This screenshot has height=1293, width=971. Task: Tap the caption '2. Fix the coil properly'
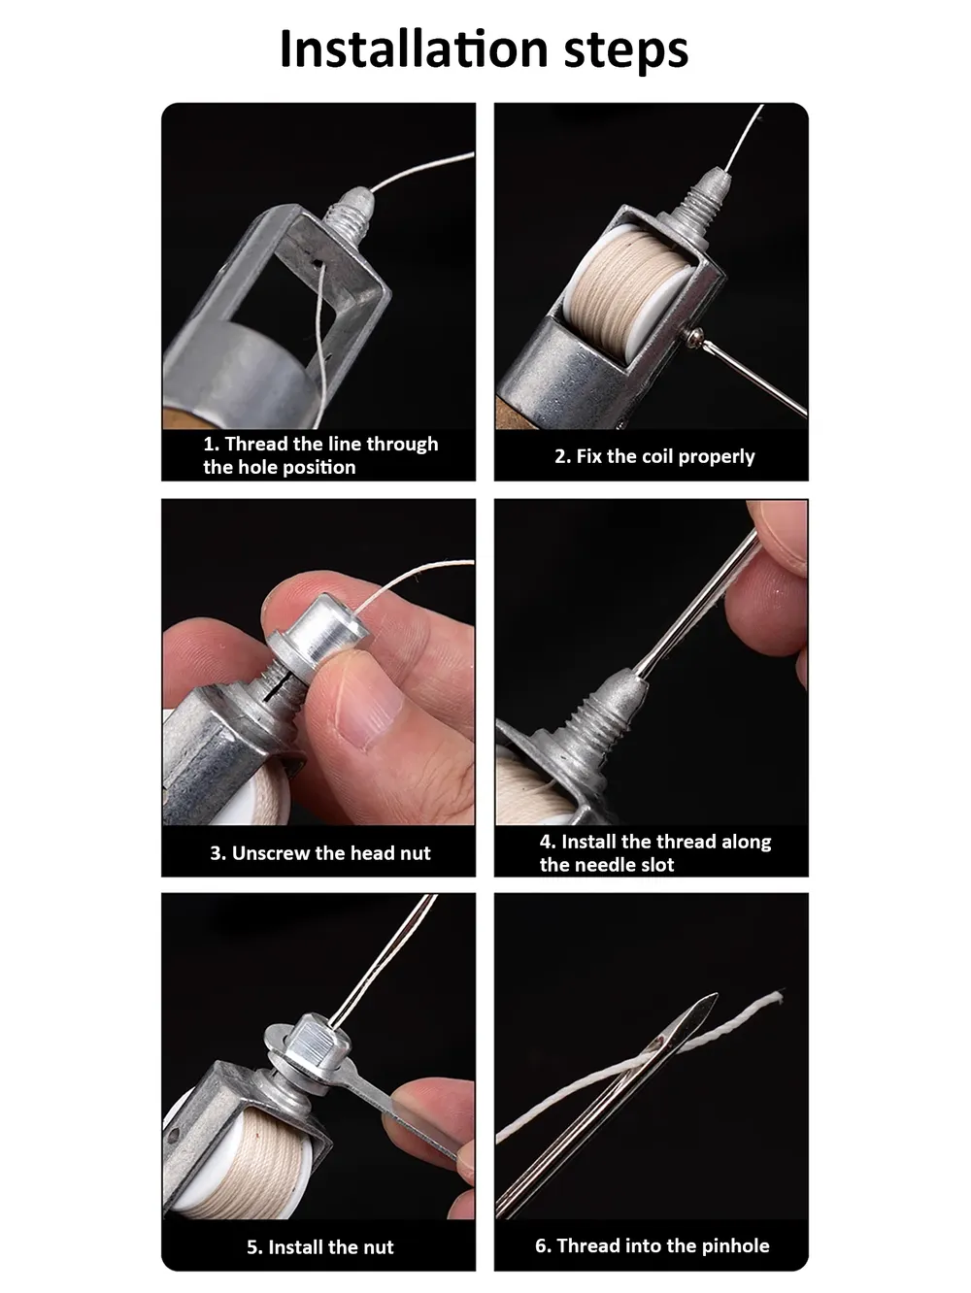pyautogui.click(x=654, y=456)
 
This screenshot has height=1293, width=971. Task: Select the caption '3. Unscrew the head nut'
pyautogui.click(x=319, y=853)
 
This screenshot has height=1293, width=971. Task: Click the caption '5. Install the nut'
pyautogui.click(x=319, y=1247)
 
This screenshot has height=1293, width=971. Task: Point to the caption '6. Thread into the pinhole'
pyautogui.click(x=653, y=1245)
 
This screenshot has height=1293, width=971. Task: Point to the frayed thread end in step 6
pyautogui.click(x=777, y=996)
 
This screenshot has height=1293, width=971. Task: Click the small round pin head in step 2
pyautogui.click(x=693, y=337)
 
